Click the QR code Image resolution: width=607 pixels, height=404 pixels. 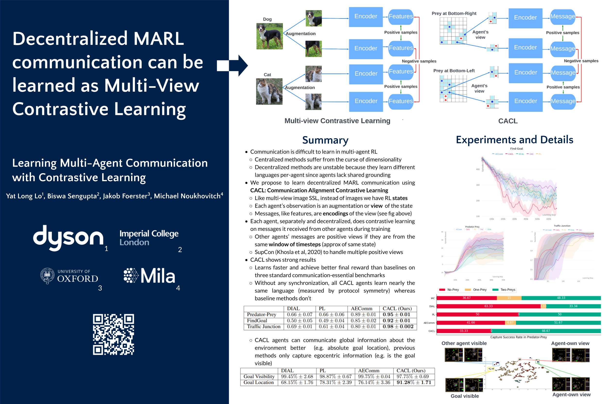point(113,334)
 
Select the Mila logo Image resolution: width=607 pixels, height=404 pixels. point(149,276)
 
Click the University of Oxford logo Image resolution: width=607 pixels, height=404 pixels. point(69,276)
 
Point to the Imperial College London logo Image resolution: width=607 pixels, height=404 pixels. point(149,237)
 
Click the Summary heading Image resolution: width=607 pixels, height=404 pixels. point(325,140)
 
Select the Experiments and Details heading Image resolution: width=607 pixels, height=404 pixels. point(514,139)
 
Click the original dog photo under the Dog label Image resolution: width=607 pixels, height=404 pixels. point(269,36)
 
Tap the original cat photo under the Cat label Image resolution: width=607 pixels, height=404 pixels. point(269,91)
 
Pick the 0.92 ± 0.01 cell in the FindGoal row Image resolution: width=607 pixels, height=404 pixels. point(396,321)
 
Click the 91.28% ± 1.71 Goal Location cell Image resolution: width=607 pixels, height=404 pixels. point(413,382)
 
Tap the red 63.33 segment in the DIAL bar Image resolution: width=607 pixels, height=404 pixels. point(488,306)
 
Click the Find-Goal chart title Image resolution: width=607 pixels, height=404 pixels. point(516,149)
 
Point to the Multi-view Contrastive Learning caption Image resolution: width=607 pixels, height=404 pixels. point(337,121)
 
